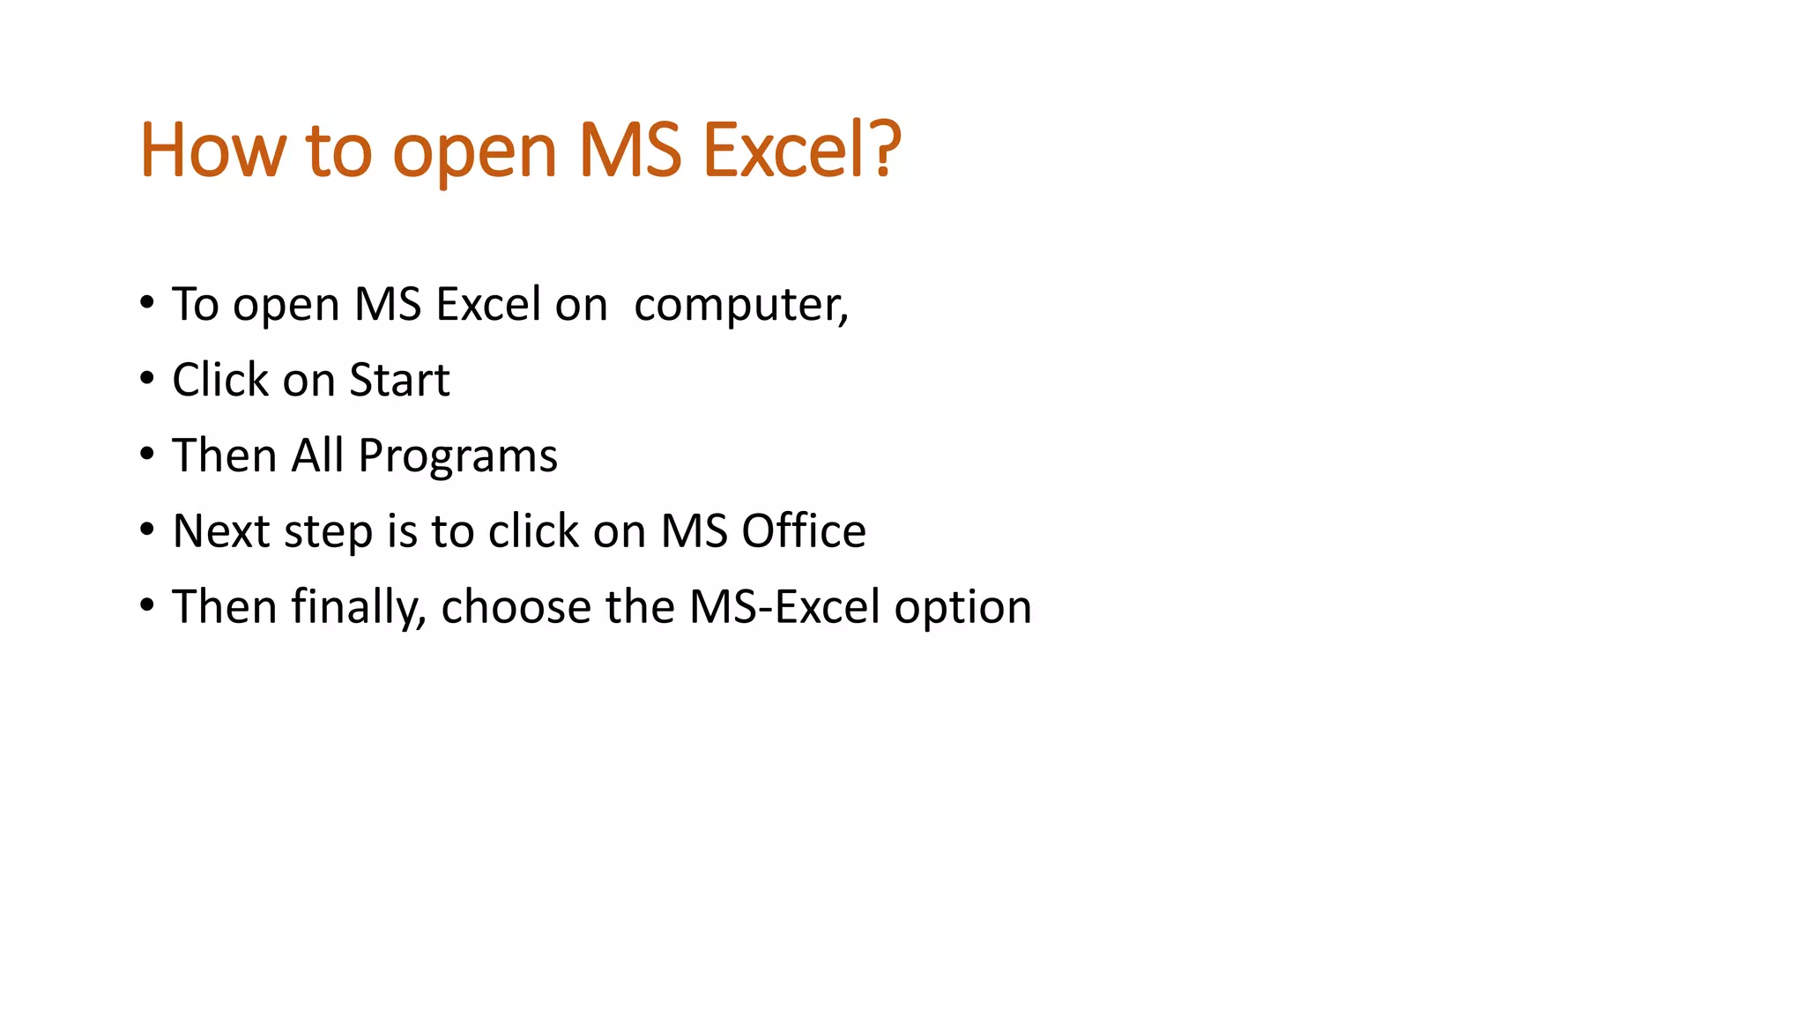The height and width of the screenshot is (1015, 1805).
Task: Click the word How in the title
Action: pos(212,151)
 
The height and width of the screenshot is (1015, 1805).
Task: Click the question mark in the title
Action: pos(881,149)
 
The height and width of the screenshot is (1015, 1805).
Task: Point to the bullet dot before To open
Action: pos(147,303)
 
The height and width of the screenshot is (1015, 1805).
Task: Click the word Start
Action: pos(399,381)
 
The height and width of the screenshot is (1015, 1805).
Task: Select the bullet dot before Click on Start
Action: pos(147,379)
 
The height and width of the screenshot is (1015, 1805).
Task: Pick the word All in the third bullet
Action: pos(317,456)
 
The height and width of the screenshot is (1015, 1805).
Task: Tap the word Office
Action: pos(803,531)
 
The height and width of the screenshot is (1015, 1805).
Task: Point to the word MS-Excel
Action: pos(784,607)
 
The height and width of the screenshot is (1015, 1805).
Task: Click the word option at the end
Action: pos(962,610)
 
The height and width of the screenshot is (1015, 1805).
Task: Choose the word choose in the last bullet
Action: pos(516,607)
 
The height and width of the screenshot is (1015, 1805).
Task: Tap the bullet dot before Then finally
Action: pos(147,605)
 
